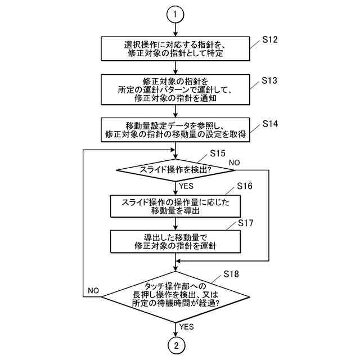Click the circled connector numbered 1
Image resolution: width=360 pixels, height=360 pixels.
176,14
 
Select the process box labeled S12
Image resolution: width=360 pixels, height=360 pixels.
176,49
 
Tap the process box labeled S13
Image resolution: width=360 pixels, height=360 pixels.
176,89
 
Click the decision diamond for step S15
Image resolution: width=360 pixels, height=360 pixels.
176,169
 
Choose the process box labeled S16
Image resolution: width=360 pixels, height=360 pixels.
176,206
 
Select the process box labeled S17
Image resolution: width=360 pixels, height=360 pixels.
176,241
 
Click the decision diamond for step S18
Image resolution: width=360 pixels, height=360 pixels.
176,293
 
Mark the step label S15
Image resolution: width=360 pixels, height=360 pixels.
218,153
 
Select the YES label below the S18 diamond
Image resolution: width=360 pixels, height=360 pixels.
187,326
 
